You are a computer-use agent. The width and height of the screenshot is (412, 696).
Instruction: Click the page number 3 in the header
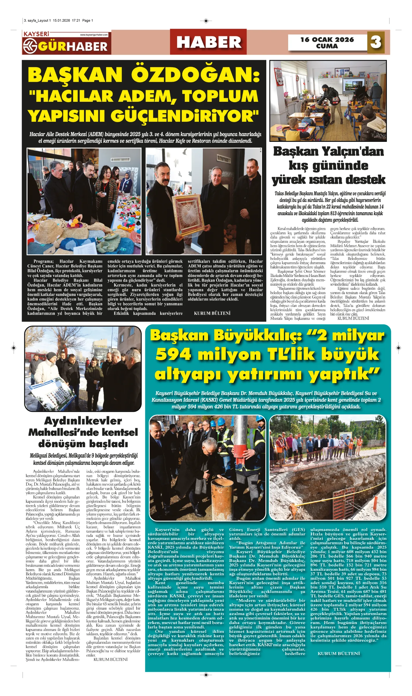tap(375, 42)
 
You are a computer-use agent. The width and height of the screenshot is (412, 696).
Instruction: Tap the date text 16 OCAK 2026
tap(327, 39)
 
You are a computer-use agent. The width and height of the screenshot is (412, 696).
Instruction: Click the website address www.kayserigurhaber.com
tap(94, 35)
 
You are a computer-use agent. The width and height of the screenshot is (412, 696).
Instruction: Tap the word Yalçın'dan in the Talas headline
tap(353, 151)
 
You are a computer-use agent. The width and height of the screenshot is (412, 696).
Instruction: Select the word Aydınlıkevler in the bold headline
tap(83, 421)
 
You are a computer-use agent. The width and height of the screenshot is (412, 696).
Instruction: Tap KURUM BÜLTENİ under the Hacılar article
tap(212, 313)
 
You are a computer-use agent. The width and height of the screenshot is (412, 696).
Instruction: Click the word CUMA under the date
tap(327, 46)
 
